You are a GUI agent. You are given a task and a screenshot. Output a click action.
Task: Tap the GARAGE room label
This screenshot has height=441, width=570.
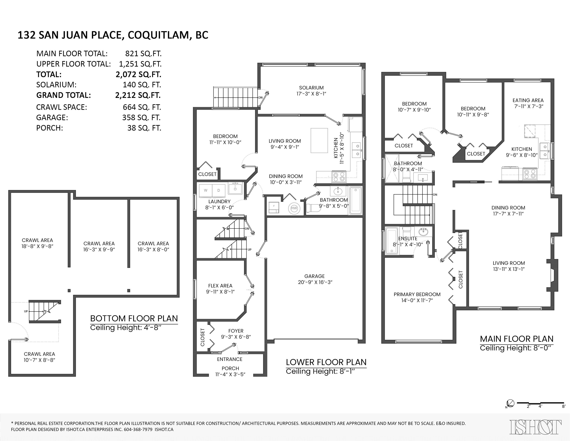point(314,276)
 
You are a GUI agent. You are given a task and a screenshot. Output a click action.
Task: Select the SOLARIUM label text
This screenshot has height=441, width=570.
point(311,88)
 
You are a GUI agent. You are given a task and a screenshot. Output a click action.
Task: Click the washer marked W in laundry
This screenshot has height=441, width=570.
point(206,190)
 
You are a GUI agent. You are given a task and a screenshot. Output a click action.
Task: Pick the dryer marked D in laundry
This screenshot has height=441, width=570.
point(219,190)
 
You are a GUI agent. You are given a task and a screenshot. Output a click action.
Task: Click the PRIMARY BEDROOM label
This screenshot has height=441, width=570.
point(417,294)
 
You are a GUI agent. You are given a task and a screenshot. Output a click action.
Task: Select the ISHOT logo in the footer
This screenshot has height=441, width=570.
point(536,427)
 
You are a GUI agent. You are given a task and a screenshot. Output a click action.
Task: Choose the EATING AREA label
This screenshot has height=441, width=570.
point(528,100)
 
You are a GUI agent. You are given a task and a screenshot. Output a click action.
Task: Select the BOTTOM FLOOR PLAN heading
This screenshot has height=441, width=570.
point(134,318)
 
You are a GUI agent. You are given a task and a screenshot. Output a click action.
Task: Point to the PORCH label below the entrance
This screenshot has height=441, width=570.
point(230,368)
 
